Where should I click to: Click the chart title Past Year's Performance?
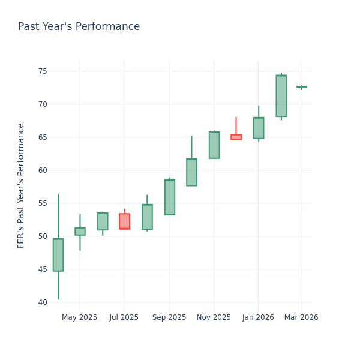point(79,27)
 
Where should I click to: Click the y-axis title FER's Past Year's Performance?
point(21,185)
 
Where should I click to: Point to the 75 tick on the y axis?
point(43,71)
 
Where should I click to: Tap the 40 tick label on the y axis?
point(43,302)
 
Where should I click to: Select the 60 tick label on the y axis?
point(43,170)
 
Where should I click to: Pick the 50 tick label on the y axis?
point(43,236)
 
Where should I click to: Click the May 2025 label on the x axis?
point(79,317)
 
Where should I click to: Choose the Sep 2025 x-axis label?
point(169,317)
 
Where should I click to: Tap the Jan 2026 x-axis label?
point(258,317)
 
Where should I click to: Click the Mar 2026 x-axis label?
point(301,317)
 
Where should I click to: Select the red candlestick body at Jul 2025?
point(124,221)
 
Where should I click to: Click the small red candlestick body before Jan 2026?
point(236,137)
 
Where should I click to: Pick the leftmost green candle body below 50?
point(58,255)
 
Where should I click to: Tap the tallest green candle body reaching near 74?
point(281,96)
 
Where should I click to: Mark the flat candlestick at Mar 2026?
point(301,87)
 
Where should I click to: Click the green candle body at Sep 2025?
point(170,197)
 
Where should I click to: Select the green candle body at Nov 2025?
point(214,145)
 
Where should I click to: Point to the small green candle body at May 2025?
point(80,231)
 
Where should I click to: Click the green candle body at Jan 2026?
point(259,128)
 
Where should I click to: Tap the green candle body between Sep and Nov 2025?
point(191,172)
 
